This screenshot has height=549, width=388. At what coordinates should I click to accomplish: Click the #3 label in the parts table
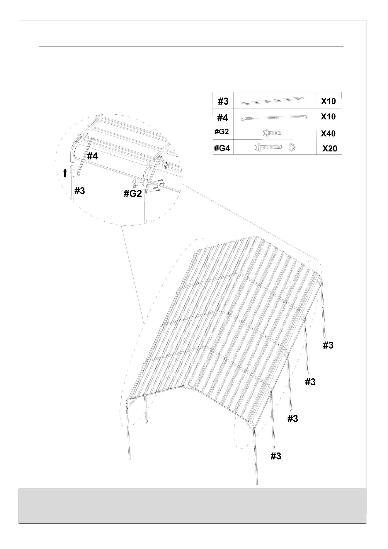[x=223, y=101]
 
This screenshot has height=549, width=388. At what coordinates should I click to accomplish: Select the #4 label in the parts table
[x=222, y=118]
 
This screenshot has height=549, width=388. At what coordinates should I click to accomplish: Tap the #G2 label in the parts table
[x=222, y=132]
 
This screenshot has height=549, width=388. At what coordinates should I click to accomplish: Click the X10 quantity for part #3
[x=329, y=101]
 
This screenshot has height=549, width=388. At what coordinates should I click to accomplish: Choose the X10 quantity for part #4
[x=328, y=116]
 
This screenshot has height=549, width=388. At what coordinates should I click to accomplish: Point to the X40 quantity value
[x=328, y=134]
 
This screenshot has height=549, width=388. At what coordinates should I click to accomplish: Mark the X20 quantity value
[x=330, y=149]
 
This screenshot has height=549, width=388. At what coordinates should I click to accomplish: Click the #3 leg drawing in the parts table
[x=273, y=101]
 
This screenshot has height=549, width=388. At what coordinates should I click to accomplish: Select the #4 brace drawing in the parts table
[x=274, y=117]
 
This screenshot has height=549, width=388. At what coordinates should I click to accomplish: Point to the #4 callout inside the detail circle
[x=92, y=156]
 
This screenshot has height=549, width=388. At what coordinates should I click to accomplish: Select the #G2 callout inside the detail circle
[x=133, y=194]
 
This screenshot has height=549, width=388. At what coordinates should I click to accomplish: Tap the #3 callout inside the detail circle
[x=79, y=191]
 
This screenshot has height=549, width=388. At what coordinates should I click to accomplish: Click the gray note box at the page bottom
[x=193, y=506]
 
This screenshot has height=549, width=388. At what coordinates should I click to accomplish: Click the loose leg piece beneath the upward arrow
[x=73, y=182]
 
